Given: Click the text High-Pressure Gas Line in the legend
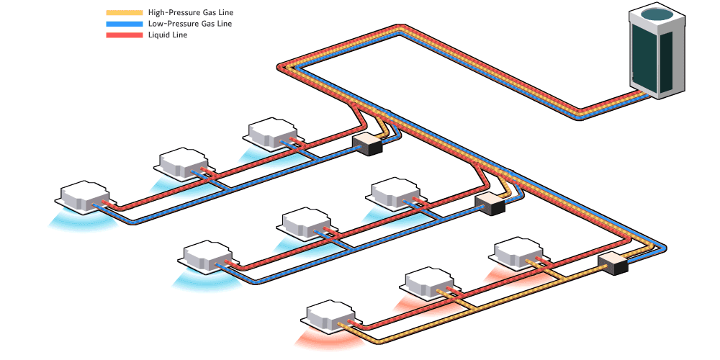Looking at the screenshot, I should click(x=190, y=13).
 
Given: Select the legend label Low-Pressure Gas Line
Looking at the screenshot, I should click(x=189, y=24).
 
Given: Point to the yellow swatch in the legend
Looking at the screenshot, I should click(x=124, y=13).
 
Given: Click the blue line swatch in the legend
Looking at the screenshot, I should click(x=124, y=24).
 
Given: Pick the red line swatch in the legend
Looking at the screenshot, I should click(x=124, y=35).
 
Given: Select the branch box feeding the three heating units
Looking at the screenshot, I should click(x=613, y=264).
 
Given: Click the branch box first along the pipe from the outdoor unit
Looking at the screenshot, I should click(x=366, y=143).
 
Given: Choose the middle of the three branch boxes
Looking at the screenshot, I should click(x=490, y=204).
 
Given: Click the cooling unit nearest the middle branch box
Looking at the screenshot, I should click(x=395, y=192).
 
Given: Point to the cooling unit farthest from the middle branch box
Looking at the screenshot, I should click(x=207, y=256).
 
